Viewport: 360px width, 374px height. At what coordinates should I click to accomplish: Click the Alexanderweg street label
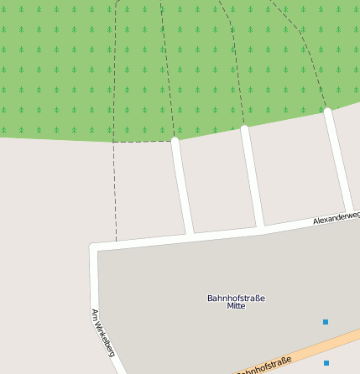coord(336,216)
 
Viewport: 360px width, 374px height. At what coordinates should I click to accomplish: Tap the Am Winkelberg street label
coord(102,332)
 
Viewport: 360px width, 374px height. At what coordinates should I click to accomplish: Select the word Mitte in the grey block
coord(236,306)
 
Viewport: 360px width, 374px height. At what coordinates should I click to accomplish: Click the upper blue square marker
coord(326,321)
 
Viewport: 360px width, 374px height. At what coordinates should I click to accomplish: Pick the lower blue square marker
coord(326,363)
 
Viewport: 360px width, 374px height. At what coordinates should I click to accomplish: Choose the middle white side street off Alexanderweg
coord(253,178)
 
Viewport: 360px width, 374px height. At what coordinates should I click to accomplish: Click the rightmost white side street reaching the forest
coord(338,159)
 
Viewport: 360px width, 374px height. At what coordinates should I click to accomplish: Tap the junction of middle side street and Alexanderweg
coord(261,226)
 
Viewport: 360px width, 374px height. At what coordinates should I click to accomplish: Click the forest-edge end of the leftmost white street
coord(175,140)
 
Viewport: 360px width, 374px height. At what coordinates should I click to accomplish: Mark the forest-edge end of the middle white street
coord(245,128)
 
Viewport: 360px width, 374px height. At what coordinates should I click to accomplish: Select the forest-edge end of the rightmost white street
coord(328,111)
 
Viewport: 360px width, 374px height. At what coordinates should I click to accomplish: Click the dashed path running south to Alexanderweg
coord(115,193)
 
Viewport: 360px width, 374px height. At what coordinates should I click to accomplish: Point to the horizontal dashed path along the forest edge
coord(143,141)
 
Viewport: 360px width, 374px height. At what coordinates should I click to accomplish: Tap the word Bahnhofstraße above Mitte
coord(236,298)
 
